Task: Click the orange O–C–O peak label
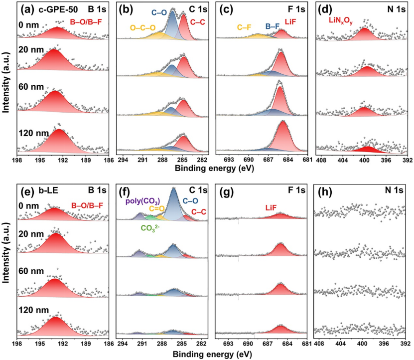click(143, 28)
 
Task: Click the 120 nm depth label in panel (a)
click(31, 134)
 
